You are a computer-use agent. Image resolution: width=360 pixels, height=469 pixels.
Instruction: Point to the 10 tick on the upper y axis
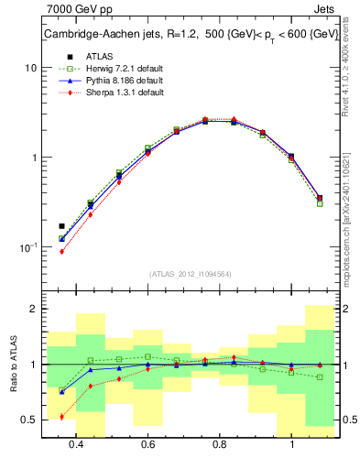31,68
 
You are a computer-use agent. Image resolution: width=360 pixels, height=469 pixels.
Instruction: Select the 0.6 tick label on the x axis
147,444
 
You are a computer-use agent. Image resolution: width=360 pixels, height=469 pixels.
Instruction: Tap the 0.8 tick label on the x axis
220,444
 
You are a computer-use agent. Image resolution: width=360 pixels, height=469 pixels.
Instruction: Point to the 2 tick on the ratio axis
33,309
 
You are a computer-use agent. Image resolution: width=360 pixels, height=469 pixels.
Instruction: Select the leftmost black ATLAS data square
61,225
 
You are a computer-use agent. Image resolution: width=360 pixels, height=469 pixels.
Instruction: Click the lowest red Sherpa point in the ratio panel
61,417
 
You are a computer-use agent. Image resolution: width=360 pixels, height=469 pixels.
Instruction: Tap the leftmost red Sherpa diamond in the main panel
61,251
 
